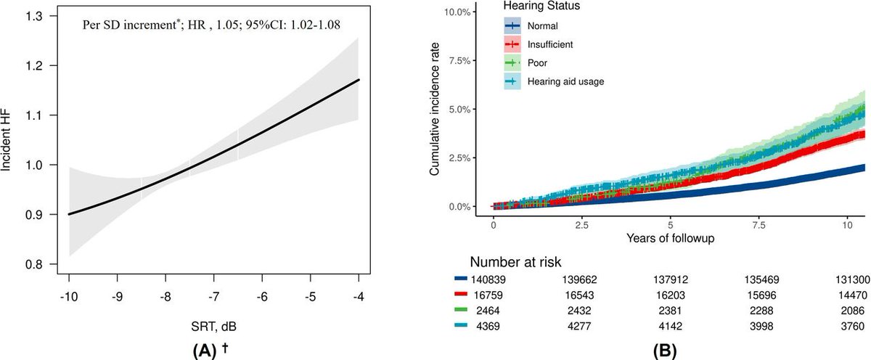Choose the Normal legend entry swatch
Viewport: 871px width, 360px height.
(x=515, y=26)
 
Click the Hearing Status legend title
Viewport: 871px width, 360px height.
(x=541, y=7)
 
